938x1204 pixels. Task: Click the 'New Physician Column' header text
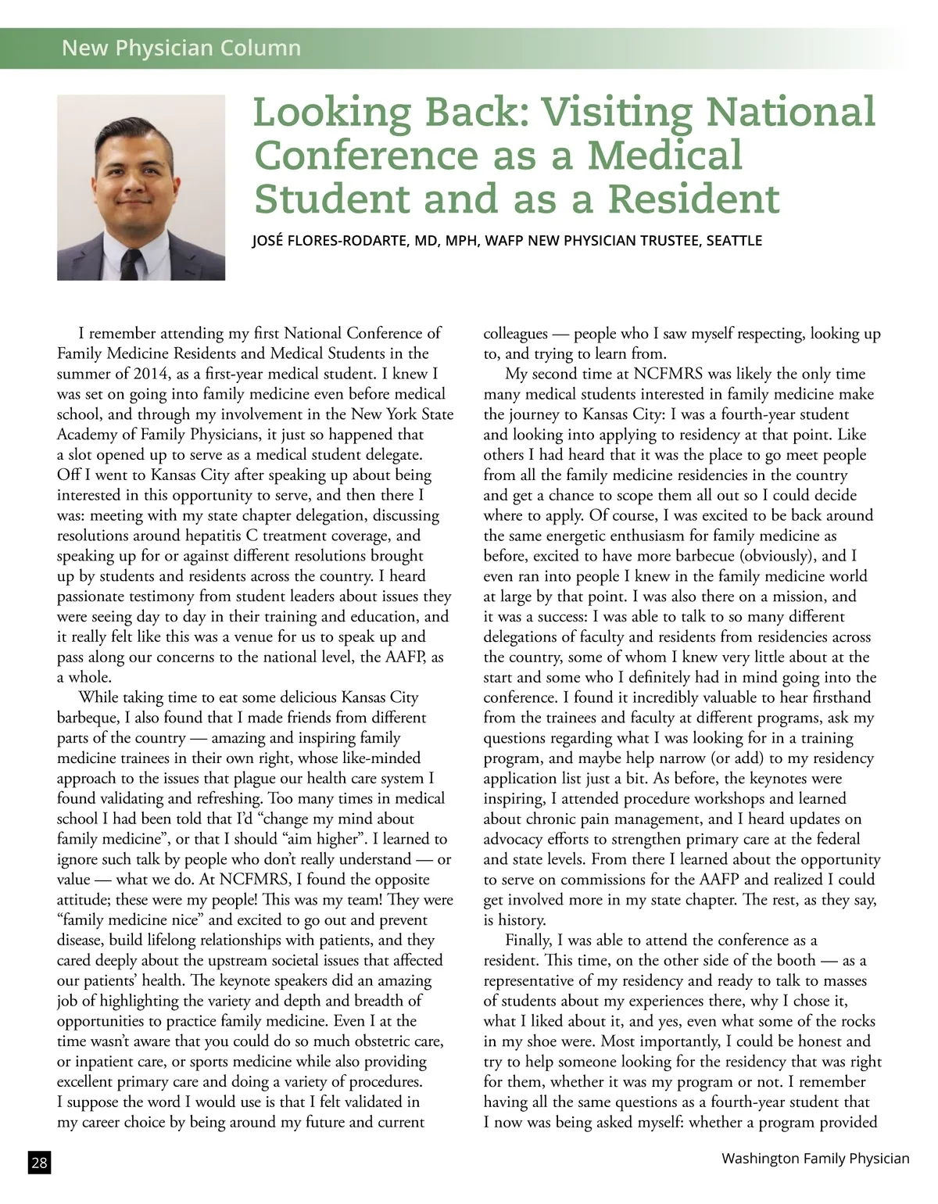coord(181,48)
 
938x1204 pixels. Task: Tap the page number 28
coord(39,1163)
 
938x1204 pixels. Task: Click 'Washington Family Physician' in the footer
coord(815,1159)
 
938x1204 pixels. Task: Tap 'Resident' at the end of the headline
coord(694,199)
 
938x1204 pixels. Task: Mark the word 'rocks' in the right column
coord(855,1021)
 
